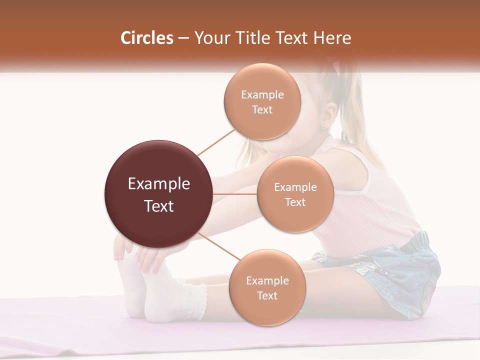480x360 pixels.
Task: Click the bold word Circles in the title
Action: point(146,38)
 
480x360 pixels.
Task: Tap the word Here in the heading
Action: point(332,38)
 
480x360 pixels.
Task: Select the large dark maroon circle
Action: point(158,194)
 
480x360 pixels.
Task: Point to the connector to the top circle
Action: point(216,142)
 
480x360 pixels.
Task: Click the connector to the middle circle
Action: point(235,194)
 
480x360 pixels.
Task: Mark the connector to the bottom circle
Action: point(219,246)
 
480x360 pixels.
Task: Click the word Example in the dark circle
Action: point(158,184)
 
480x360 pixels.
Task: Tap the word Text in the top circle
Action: point(262,109)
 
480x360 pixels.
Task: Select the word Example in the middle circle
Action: point(295,187)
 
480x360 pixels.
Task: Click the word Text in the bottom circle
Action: point(267,295)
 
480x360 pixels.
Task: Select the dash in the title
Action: point(184,38)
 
